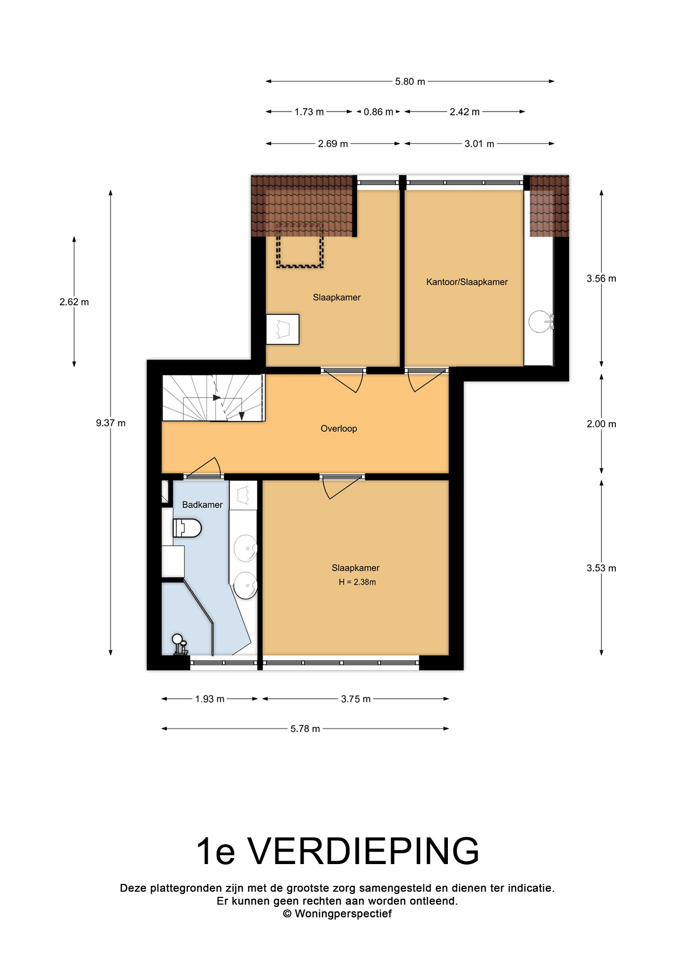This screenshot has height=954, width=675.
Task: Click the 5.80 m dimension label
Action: click(x=410, y=81)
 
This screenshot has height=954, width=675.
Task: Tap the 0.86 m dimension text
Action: click(x=378, y=112)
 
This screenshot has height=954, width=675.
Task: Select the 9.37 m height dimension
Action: click(x=111, y=423)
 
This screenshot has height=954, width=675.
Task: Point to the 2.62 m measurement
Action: click(x=74, y=302)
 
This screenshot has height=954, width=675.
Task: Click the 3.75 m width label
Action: click(x=356, y=699)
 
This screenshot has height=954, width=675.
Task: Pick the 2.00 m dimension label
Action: click(x=601, y=424)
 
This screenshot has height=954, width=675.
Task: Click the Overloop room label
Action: click(x=339, y=428)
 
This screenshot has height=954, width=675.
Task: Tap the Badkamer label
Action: click(x=202, y=505)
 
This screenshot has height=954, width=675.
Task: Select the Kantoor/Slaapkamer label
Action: click(x=467, y=282)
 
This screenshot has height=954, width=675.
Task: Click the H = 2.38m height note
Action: click(x=357, y=582)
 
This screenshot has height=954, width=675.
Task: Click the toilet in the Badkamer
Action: click(x=187, y=528)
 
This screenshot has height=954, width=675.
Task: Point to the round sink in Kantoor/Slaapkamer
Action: click(x=540, y=321)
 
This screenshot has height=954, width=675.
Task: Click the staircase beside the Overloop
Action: click(x=213, y=398)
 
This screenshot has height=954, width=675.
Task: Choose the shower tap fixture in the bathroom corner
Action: click(x=179, y=644)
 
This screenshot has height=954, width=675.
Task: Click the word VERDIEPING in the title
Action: click(x=364, y=851)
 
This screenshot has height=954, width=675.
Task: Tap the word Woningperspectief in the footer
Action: click(x=343, y=914)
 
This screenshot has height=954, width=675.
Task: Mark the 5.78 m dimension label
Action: click(x=305, y=729)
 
